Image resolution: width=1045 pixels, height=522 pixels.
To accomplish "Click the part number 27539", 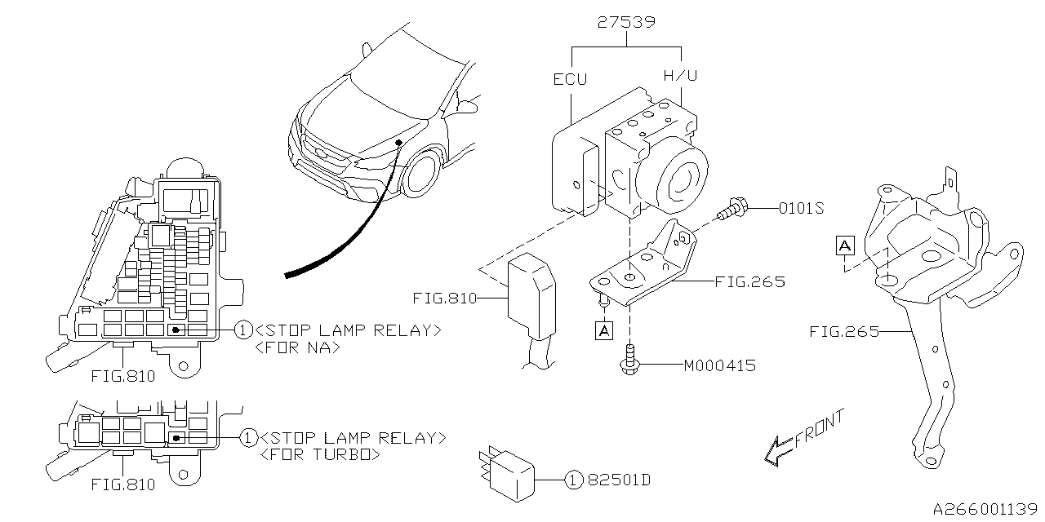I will coord(626,22).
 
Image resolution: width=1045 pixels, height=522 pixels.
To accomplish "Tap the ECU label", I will coord(570,79).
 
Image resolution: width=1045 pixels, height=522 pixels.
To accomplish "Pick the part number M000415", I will coord(719,365).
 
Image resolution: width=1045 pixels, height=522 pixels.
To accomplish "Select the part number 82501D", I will coord(618,480).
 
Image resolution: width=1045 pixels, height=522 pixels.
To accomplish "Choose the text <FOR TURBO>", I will coord(319,455).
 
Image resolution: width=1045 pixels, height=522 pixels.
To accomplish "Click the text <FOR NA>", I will coord(297,347).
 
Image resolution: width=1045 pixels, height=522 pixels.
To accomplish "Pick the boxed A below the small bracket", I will coord(604,330).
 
